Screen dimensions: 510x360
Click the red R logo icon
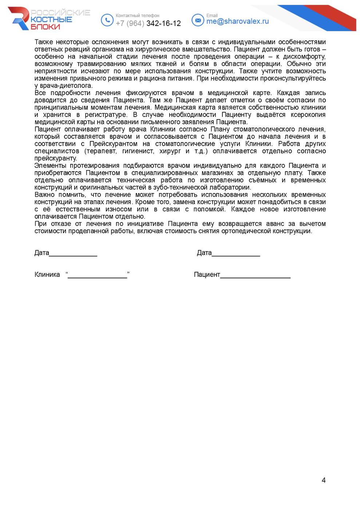tap(19, 18)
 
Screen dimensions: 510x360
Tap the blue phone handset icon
tap(107, 20)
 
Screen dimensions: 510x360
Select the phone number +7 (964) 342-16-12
tap(148, 23)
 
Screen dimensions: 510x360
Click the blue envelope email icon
tap(198, 20)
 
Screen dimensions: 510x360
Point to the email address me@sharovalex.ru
tap(237, 21)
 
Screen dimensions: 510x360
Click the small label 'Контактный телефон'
tap(137, 16)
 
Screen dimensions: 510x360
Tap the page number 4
tap(324, 480)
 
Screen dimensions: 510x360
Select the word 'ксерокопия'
tap(308, 115)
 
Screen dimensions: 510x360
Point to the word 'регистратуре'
tap(106, 115)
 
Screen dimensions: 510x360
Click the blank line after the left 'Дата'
tap(73, 255)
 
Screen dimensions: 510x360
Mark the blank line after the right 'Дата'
tap(236, 255)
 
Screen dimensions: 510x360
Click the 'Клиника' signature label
tap(47, 275)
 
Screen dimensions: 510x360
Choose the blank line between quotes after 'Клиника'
tap(98, 277)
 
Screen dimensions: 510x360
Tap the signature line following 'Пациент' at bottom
tap(255, 277)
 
